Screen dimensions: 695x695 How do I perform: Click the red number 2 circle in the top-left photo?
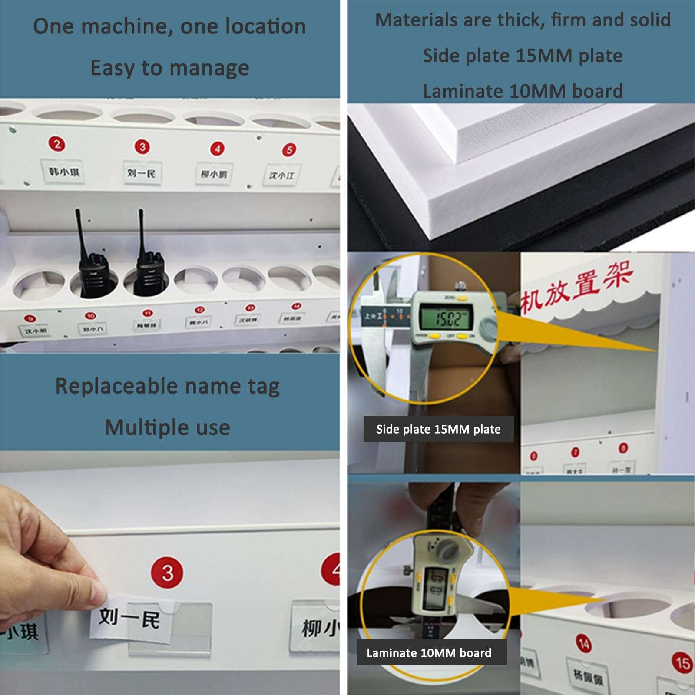(x=57, y=144)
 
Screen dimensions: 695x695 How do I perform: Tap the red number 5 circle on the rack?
(x=289, y=150)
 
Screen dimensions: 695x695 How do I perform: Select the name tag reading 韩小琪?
(x=63, y=172)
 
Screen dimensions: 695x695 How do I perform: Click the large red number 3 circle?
(x=168, y=573)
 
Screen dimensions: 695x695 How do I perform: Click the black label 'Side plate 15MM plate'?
(x=438, y=429)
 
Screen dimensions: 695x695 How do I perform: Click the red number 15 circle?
(x=682, y=662)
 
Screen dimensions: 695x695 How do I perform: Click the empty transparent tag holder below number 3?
(x=191, y=625)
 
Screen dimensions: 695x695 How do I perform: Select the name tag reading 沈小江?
(x=281, y=175)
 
